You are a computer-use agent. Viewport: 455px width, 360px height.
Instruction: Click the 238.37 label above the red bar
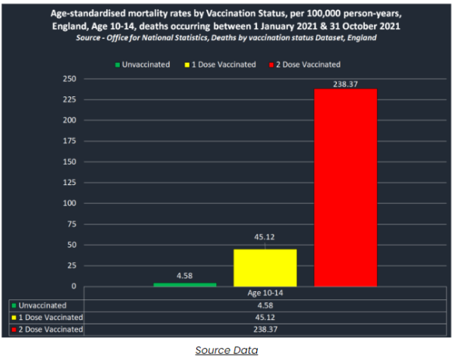tap(346, 83)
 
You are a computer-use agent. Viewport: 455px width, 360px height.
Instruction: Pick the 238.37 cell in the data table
tap(265, 330)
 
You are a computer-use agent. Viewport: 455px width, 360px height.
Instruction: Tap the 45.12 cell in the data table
tap(265, 318)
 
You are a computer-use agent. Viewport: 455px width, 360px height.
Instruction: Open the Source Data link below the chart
tap(226, 350)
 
